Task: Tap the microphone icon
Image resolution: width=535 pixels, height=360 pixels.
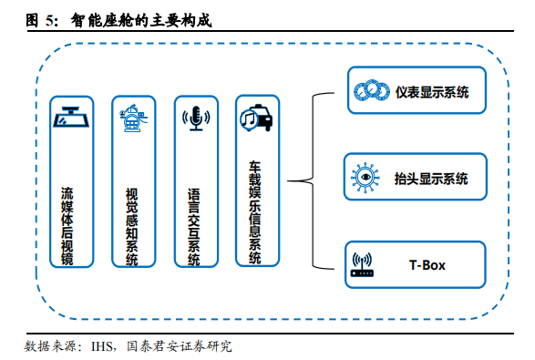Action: point(194,118)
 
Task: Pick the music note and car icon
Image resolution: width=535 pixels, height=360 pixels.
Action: point(255,118)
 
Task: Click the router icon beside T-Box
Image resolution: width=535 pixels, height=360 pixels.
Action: point(362,265)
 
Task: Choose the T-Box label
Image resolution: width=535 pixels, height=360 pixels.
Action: point(427,265)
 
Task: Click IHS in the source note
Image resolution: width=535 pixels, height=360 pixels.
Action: point(101,346)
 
